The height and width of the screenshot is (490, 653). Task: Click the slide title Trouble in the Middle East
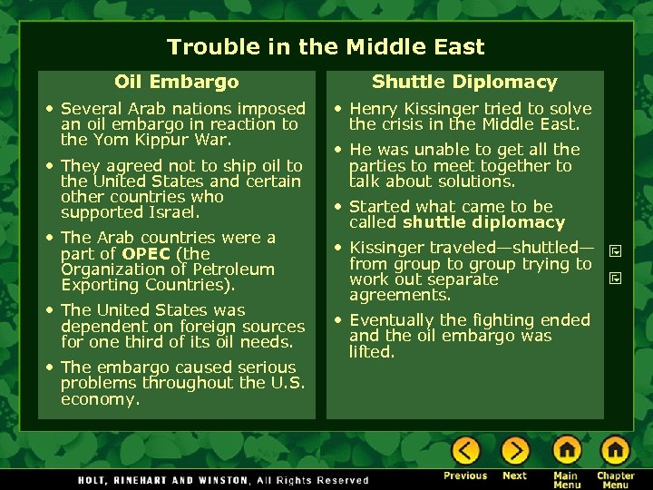[x=326, y=47]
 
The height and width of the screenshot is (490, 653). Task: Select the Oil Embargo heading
[x=177, y=82]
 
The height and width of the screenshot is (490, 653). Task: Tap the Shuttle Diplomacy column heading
[x=464, y=82]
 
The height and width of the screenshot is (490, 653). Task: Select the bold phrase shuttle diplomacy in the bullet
[x=483, y=222]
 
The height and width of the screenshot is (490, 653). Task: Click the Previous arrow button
[x=466, y=450]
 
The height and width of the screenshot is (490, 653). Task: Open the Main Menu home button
[x=567, y=450]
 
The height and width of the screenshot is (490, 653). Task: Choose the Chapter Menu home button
[x=615, y=450]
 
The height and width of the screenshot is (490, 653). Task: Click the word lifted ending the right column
[x=372, y=351]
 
